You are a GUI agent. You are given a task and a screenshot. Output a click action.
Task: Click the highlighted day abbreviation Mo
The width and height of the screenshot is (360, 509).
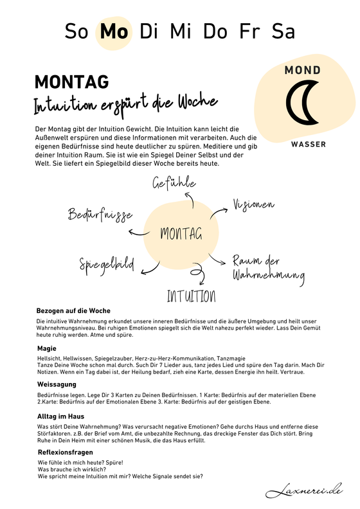(x=113, y=31)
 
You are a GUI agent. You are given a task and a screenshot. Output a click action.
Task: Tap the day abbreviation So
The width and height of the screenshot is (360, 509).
(x=79, y=31)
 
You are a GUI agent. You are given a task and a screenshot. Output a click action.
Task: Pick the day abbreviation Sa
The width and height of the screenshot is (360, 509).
(x=283, y=31)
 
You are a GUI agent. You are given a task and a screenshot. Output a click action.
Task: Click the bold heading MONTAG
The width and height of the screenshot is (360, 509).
(x=71, y=82)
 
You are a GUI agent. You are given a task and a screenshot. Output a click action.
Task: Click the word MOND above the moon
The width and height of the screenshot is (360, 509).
(x=303, y=69)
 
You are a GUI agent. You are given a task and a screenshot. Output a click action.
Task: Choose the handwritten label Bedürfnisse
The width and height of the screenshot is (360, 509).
(x=100, y=214)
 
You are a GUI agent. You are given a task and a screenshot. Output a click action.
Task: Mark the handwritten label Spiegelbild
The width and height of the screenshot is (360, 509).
(x=106, y=263)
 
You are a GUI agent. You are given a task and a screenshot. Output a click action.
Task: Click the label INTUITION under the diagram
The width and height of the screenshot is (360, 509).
(x=191, y=296)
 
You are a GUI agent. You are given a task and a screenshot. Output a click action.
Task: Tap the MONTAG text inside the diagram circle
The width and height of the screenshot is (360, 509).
(x=181, y=233)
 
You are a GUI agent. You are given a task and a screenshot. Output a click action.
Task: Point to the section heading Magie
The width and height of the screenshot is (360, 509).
(x=47, y=348)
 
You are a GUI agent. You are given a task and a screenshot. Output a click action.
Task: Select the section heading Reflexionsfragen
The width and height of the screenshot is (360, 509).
(x=65, y=452)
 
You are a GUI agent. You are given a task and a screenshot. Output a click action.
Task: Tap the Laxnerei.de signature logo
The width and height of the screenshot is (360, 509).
(x=304, y=491)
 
